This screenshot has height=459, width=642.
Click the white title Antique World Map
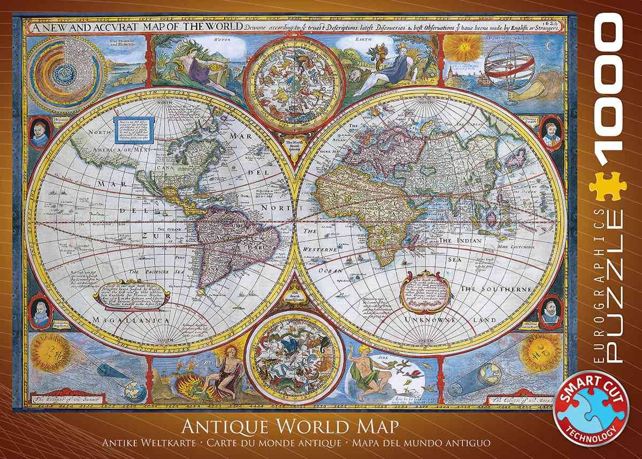click(291, 428)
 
